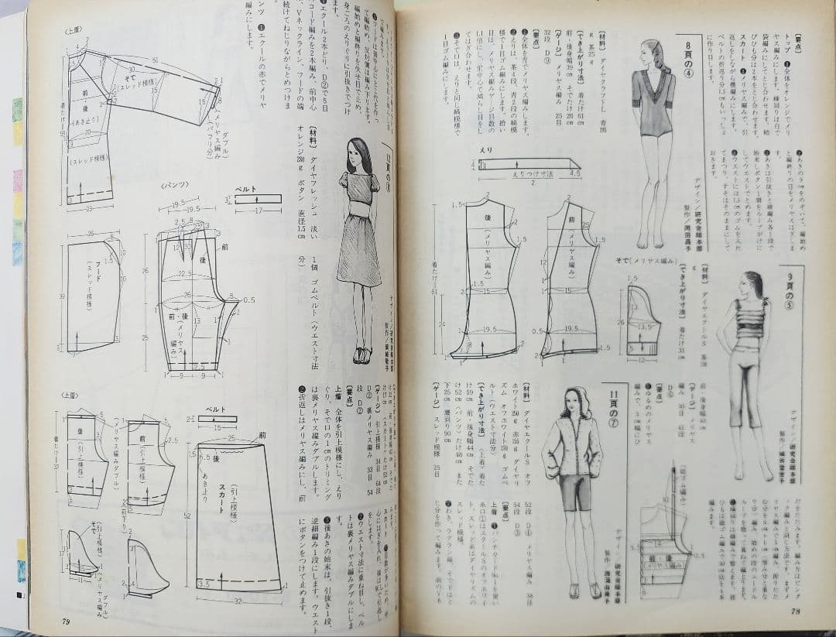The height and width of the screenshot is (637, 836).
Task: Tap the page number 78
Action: [795, 611]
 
